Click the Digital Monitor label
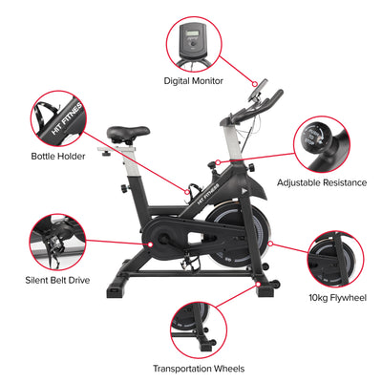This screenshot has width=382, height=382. (193, 81)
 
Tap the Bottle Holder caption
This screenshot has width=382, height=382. (58, 157)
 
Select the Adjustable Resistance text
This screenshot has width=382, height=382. (322, 182)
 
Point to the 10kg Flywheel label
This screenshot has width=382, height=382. (337, 298)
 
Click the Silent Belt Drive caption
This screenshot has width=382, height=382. (57, 280)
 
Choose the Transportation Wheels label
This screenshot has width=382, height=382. (199, 369)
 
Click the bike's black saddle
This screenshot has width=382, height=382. (128, 134)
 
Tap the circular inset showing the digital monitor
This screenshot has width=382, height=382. (194, 45)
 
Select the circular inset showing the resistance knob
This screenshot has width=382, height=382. (322, 144)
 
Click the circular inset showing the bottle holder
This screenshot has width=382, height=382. (58, 118)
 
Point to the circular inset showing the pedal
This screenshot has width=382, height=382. (57, 243)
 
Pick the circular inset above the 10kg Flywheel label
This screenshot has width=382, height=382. (336, 260)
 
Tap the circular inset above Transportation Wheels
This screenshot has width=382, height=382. (199, 330)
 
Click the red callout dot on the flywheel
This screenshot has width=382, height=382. (270, 244)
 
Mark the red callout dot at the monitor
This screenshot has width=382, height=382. (255, 84)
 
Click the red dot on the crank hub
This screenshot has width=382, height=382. (150, 244)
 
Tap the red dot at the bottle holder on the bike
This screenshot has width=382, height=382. (187, 192)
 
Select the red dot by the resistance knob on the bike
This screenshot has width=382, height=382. (218, 162)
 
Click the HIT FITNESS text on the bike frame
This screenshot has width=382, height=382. (208, 194)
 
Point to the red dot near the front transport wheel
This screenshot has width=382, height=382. (258, 284)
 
